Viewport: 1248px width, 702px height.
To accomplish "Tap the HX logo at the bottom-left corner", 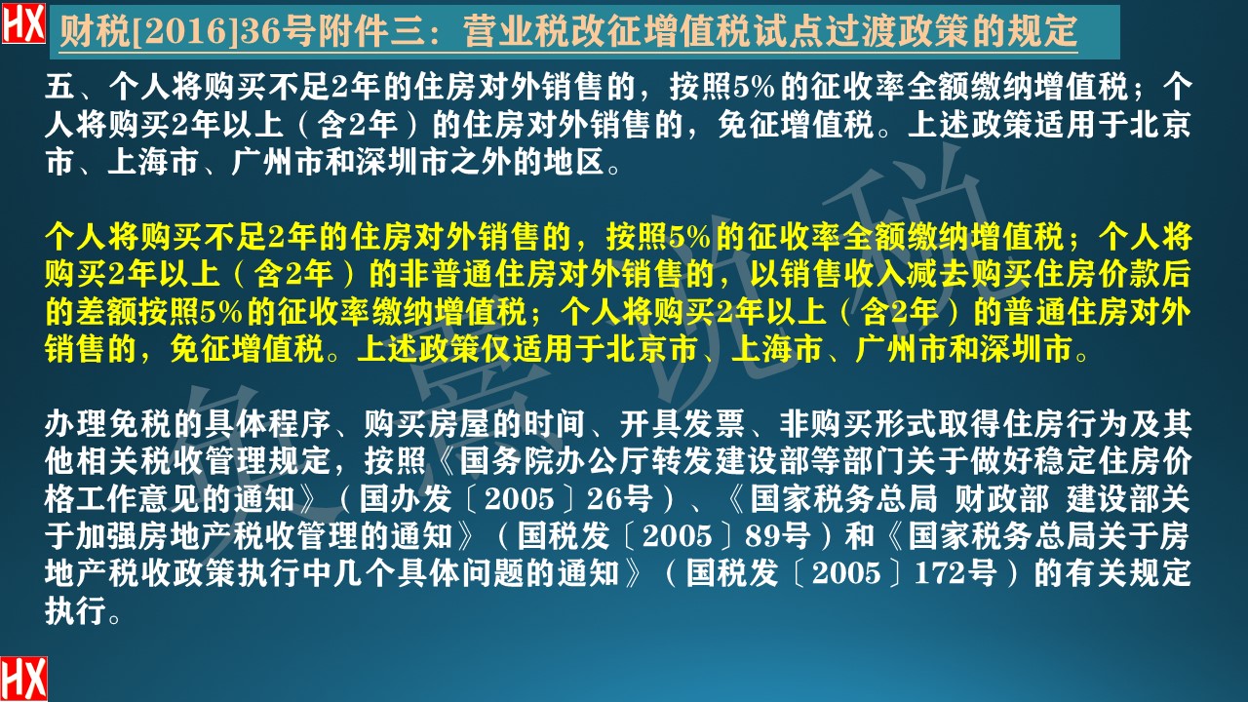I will [x=23, y=679].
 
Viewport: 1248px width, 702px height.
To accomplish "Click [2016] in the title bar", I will [x=155, y=33].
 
